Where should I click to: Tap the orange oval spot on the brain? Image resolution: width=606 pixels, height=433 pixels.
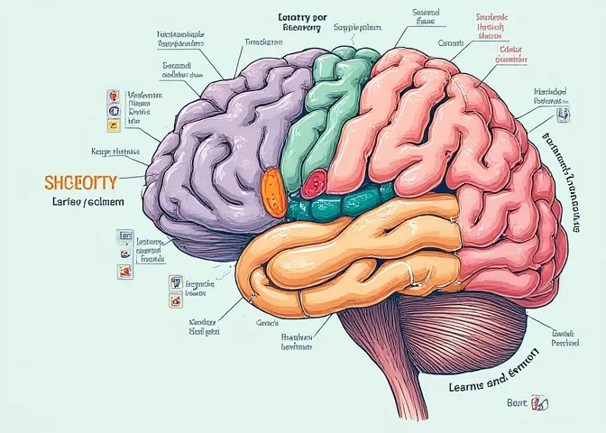271,189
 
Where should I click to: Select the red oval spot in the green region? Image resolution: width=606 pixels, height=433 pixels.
312,186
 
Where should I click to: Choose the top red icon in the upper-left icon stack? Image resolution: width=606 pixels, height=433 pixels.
113,95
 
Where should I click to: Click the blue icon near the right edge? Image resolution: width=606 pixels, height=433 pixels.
565,115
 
